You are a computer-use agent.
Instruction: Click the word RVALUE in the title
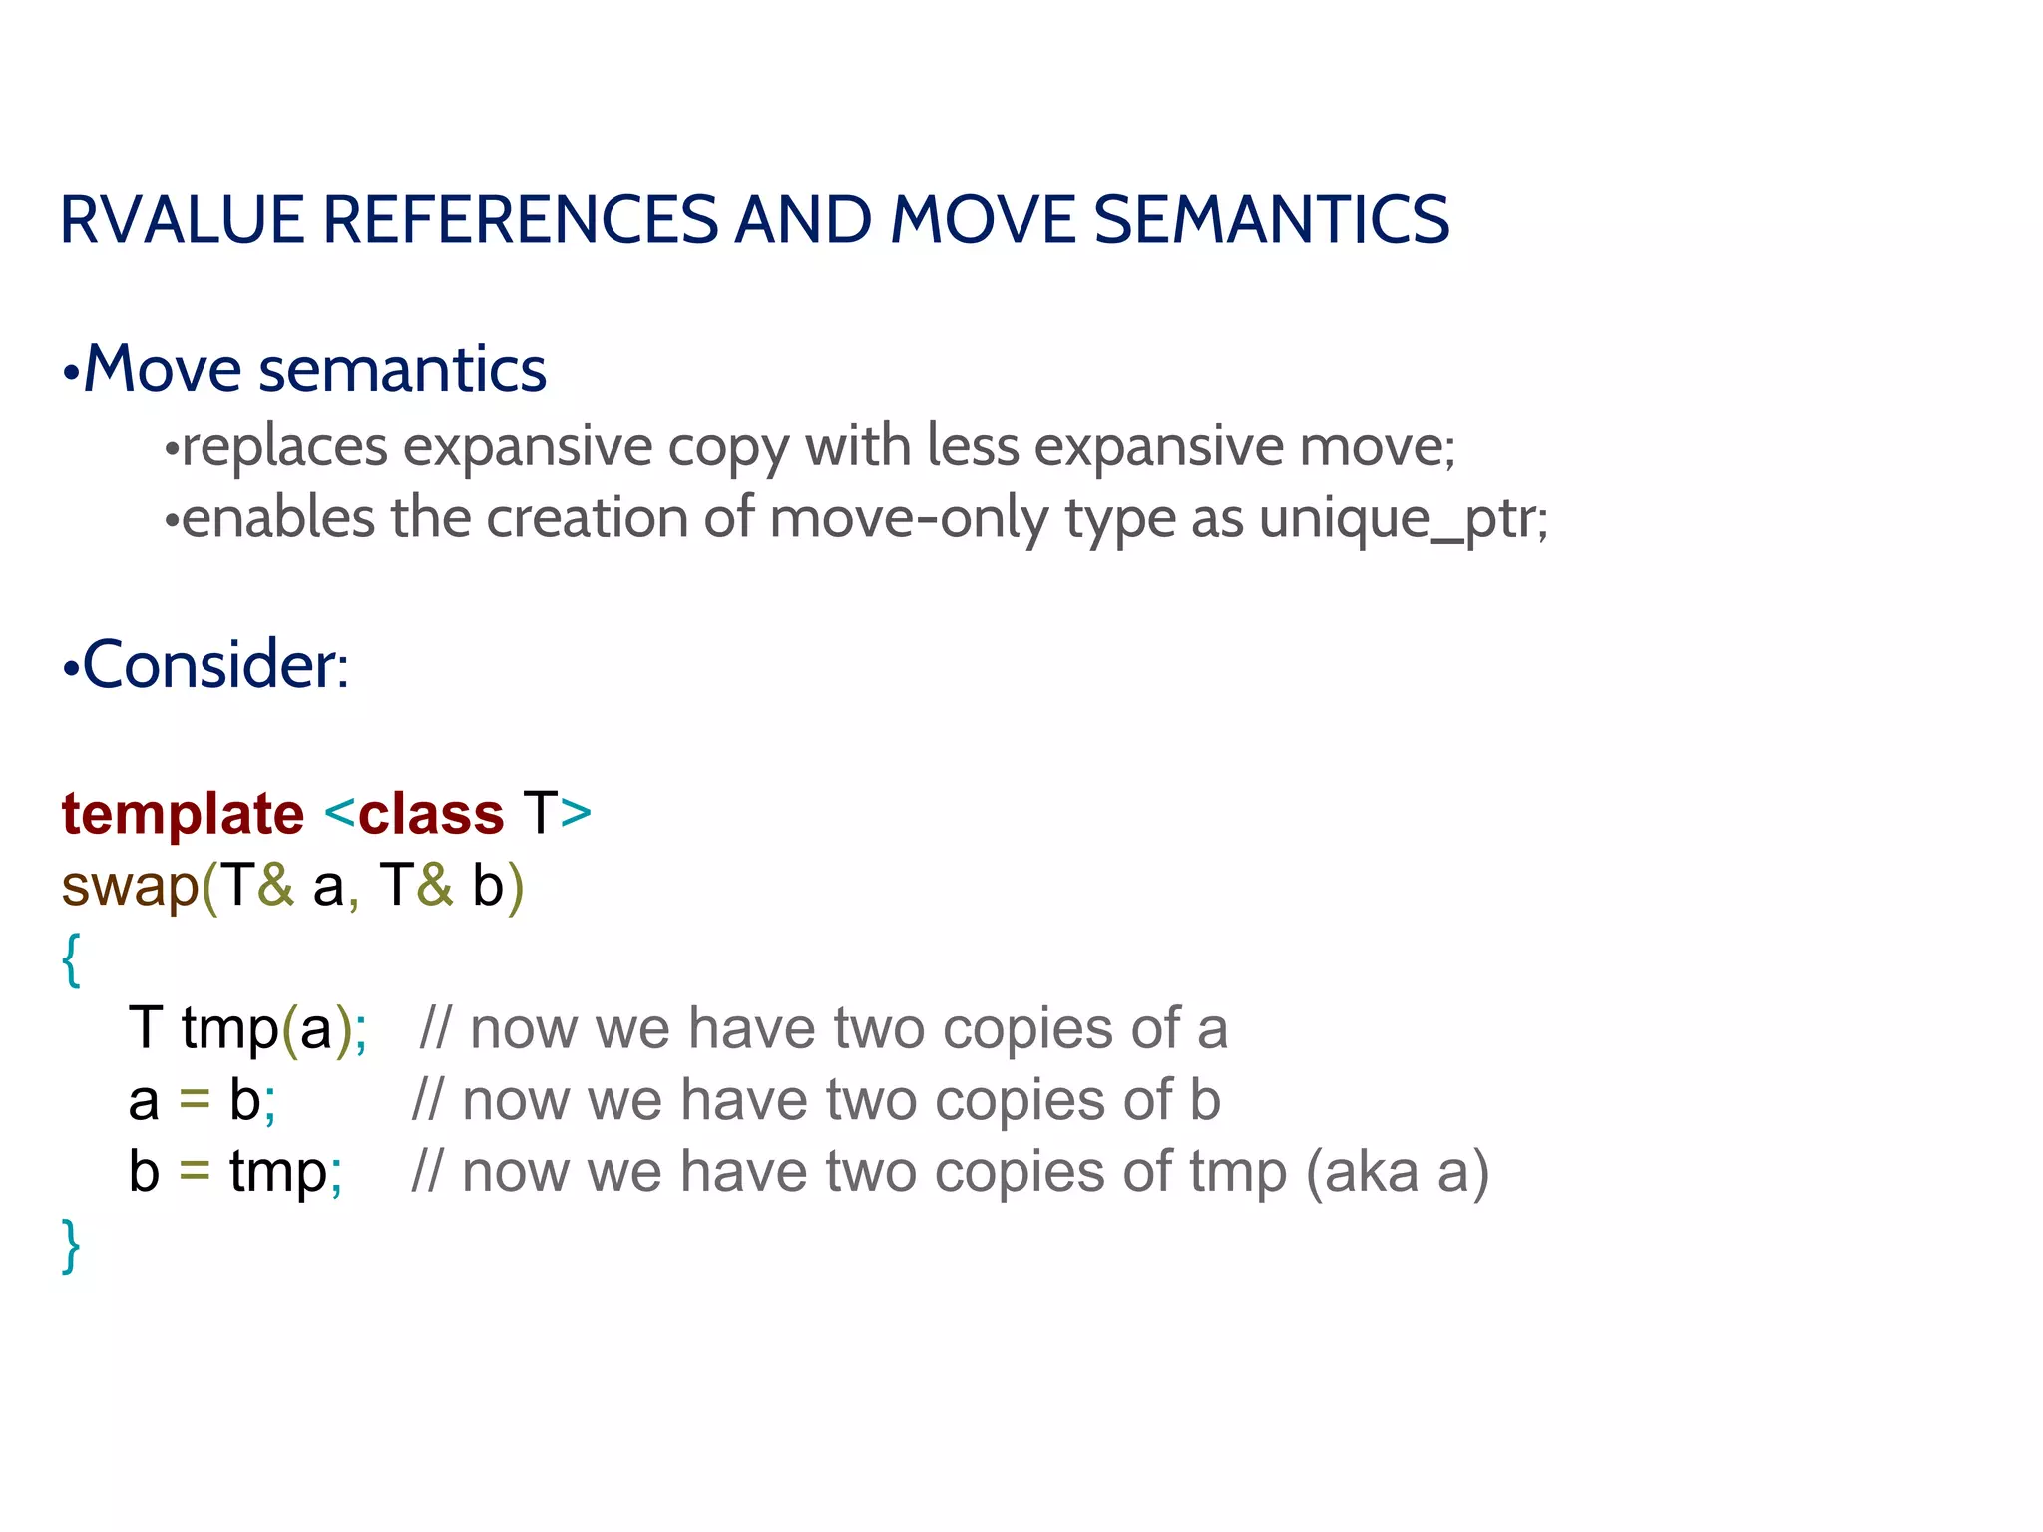point(183,220)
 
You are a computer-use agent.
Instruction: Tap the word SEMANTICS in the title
point(1271,220)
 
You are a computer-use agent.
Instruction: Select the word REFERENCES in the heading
point(520,220)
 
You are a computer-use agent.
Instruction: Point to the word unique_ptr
point(1403,519)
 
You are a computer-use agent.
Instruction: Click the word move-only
point(909,519)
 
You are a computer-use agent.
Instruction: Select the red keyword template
point(183,814)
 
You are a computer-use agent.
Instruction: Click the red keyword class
point(431,814)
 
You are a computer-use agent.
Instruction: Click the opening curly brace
point(71,959)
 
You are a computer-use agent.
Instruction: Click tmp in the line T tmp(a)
point(230,1029)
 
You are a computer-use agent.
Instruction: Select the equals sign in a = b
point(195,1101)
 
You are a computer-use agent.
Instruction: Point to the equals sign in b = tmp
point(195,1172)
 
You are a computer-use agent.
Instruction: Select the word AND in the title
point(804,220)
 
